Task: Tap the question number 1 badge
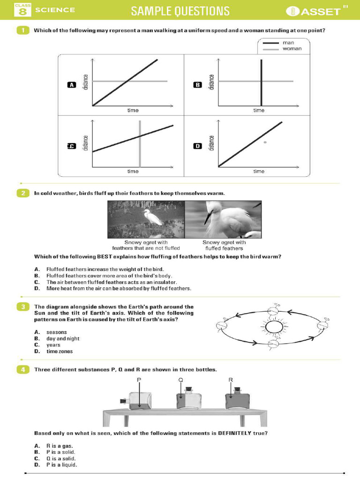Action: click(x=22, y=30)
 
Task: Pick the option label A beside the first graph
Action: click(x=71, y=85)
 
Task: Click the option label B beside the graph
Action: click(x=197, y=85)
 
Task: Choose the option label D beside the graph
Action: click(x=197, y=146)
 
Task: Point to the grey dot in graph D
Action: click(x=265, y=142)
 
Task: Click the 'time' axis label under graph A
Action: click(x=133, y=111)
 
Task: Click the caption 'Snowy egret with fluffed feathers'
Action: click(x=224, y=245)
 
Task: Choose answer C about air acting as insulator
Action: click(x=111, y=282)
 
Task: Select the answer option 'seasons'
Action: click(x=56, y=332)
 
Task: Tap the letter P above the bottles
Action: click(x=139, y=379)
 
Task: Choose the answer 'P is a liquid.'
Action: click(x=61, y=465)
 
